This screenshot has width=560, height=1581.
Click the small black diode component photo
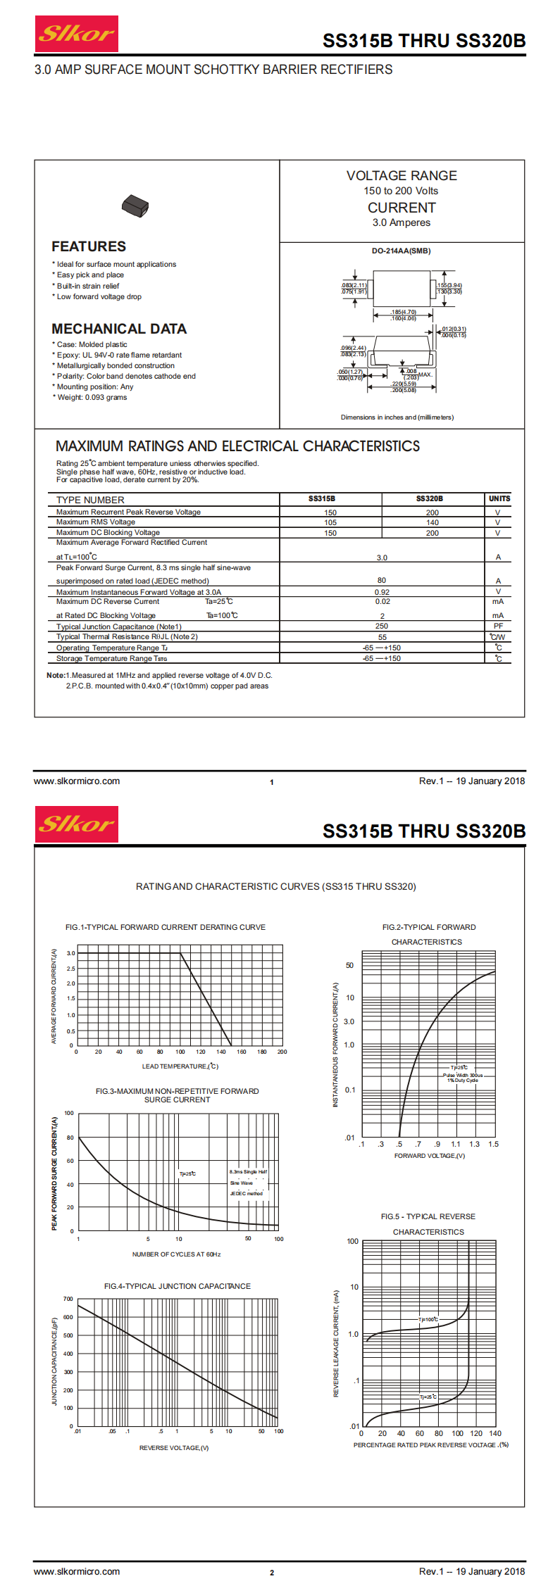click(135, 206)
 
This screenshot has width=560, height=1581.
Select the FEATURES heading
click(89, 246)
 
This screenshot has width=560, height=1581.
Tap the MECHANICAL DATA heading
click(119, 329)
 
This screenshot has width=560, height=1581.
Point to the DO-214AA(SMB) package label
click(401, 251)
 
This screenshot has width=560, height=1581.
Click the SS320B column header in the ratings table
click(429, 498)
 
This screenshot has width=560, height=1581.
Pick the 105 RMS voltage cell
click(330, 522)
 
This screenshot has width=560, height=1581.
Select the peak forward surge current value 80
click(382, 580)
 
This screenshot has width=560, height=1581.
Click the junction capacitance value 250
click(382, 626)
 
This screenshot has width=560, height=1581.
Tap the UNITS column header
click(499, 498)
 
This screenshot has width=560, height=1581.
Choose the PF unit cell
click(498, 626)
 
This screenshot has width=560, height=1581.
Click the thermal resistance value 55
click(382, 637)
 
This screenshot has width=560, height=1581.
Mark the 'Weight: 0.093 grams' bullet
click(92, 397)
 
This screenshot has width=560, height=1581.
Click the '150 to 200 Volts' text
click(401, 191)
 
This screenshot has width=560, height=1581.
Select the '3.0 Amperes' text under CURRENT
click(402, 222)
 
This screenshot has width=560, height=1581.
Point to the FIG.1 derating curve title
click(166, 927)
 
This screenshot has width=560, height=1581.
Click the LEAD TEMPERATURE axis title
click(180, 1066)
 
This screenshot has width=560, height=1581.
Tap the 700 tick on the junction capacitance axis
click(68, 1299)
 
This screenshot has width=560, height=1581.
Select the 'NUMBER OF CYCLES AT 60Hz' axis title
click(176, 1254)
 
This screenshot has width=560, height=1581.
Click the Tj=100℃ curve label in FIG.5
click(428, 1319)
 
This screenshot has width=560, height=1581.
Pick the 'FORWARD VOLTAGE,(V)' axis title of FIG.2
click(430, 1156)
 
